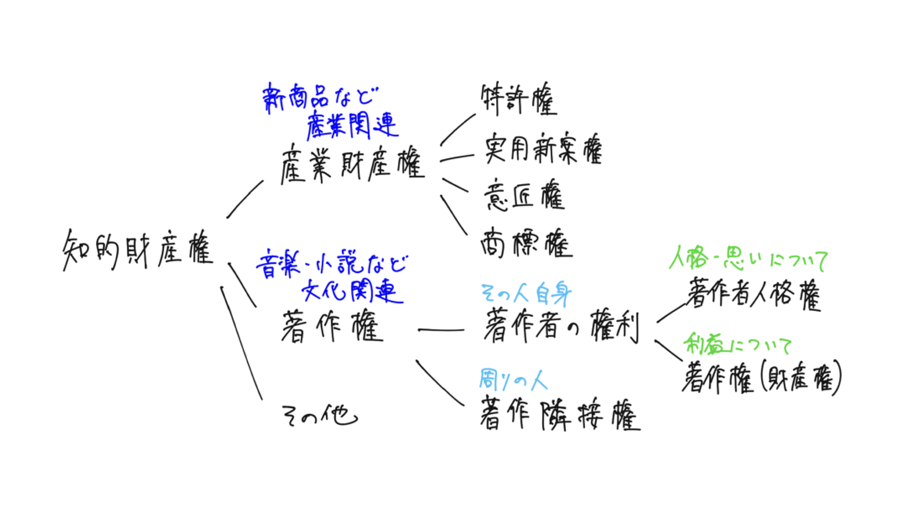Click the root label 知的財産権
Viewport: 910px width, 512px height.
[137, 250]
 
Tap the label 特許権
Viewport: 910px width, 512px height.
[519, 100]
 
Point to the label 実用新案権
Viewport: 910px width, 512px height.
[543, 149]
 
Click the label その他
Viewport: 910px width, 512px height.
[319, 416]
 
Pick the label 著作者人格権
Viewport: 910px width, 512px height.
[754, 294]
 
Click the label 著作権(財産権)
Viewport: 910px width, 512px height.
[761, 378]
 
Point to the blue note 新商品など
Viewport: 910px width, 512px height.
[321, 98]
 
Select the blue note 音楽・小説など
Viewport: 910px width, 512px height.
[331, 265]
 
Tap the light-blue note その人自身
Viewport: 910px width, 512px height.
[526, 294]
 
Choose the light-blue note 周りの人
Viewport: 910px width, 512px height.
[513, 380]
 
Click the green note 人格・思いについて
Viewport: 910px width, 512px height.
[748, 259]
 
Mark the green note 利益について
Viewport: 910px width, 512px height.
[737, 345]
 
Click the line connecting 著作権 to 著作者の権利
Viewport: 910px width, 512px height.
[441, 330]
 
